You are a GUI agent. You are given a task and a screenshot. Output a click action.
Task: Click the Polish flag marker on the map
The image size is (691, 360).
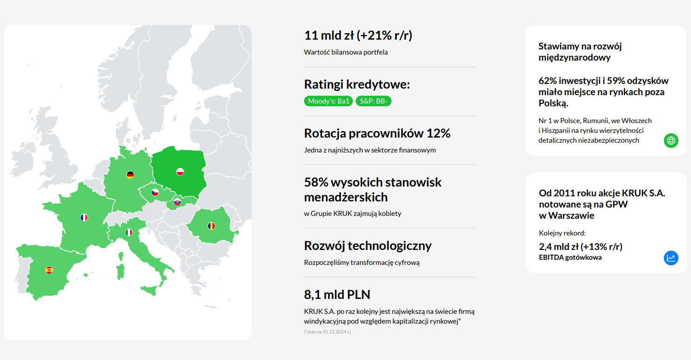point(180,172)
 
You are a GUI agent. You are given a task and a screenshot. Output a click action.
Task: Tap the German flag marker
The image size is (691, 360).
point(130,175)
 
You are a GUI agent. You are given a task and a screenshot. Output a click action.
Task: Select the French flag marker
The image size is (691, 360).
point(84,217)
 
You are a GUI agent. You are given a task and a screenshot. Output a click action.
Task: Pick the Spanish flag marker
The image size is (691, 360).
point(49,270)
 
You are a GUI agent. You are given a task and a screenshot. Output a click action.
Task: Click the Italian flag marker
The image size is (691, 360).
point(129,232)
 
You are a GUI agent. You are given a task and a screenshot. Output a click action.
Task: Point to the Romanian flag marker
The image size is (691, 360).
point(211,226)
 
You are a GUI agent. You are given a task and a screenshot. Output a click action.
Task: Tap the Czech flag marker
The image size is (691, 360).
point(155,193)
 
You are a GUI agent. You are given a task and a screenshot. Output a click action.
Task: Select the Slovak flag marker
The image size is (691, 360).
point(177,202)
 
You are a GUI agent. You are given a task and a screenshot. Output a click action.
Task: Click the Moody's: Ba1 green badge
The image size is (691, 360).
point(328,101)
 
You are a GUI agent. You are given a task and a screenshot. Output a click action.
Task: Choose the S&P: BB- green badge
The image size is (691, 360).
point(373,101)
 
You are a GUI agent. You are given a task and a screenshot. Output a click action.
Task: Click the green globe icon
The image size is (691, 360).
point(671,141)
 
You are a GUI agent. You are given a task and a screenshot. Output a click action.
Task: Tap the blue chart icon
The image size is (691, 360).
point(671,258)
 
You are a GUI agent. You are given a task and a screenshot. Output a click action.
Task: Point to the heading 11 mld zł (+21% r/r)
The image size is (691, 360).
point(358,35)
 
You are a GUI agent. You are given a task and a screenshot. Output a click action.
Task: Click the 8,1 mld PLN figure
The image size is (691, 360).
point(337,295)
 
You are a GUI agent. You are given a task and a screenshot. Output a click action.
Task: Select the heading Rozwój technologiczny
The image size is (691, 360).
point(368,246)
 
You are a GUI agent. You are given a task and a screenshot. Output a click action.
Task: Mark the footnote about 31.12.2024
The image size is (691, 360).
point(328,332)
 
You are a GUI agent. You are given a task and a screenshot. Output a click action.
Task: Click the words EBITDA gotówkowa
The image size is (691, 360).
point(570,257)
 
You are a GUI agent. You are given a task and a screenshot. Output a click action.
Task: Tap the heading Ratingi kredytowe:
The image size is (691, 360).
point(357,84)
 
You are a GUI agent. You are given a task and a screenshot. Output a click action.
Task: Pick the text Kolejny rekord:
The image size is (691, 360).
point(562,233)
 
